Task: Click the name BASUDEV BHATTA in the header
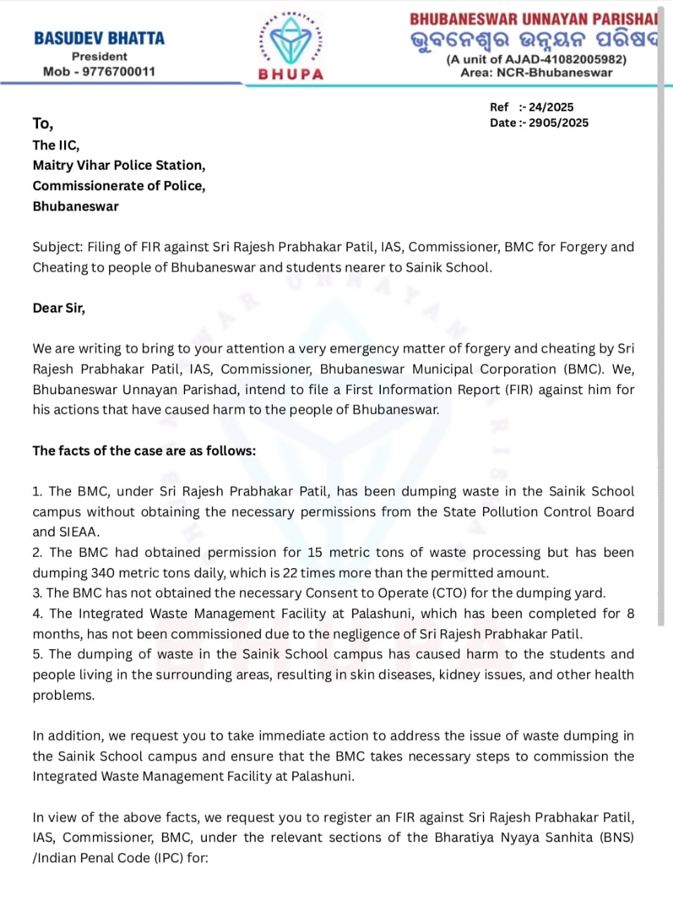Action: (x=99, y=38)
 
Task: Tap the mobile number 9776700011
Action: (x=119, y=71)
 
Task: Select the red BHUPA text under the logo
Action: (x=291, y=74)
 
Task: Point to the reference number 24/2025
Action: (x=551, y=107)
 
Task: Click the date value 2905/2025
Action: (x=558, y=122)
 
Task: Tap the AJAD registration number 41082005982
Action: (x=579, y=59)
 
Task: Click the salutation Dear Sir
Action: (x=58, y=308)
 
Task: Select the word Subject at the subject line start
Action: (x=57, y=247)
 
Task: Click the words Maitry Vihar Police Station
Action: (x=118, y=165)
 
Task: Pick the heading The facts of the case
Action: (x=144, y=450)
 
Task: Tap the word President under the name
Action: (x=99, y=56)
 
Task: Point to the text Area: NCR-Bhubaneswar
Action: (x=536, y=73)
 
